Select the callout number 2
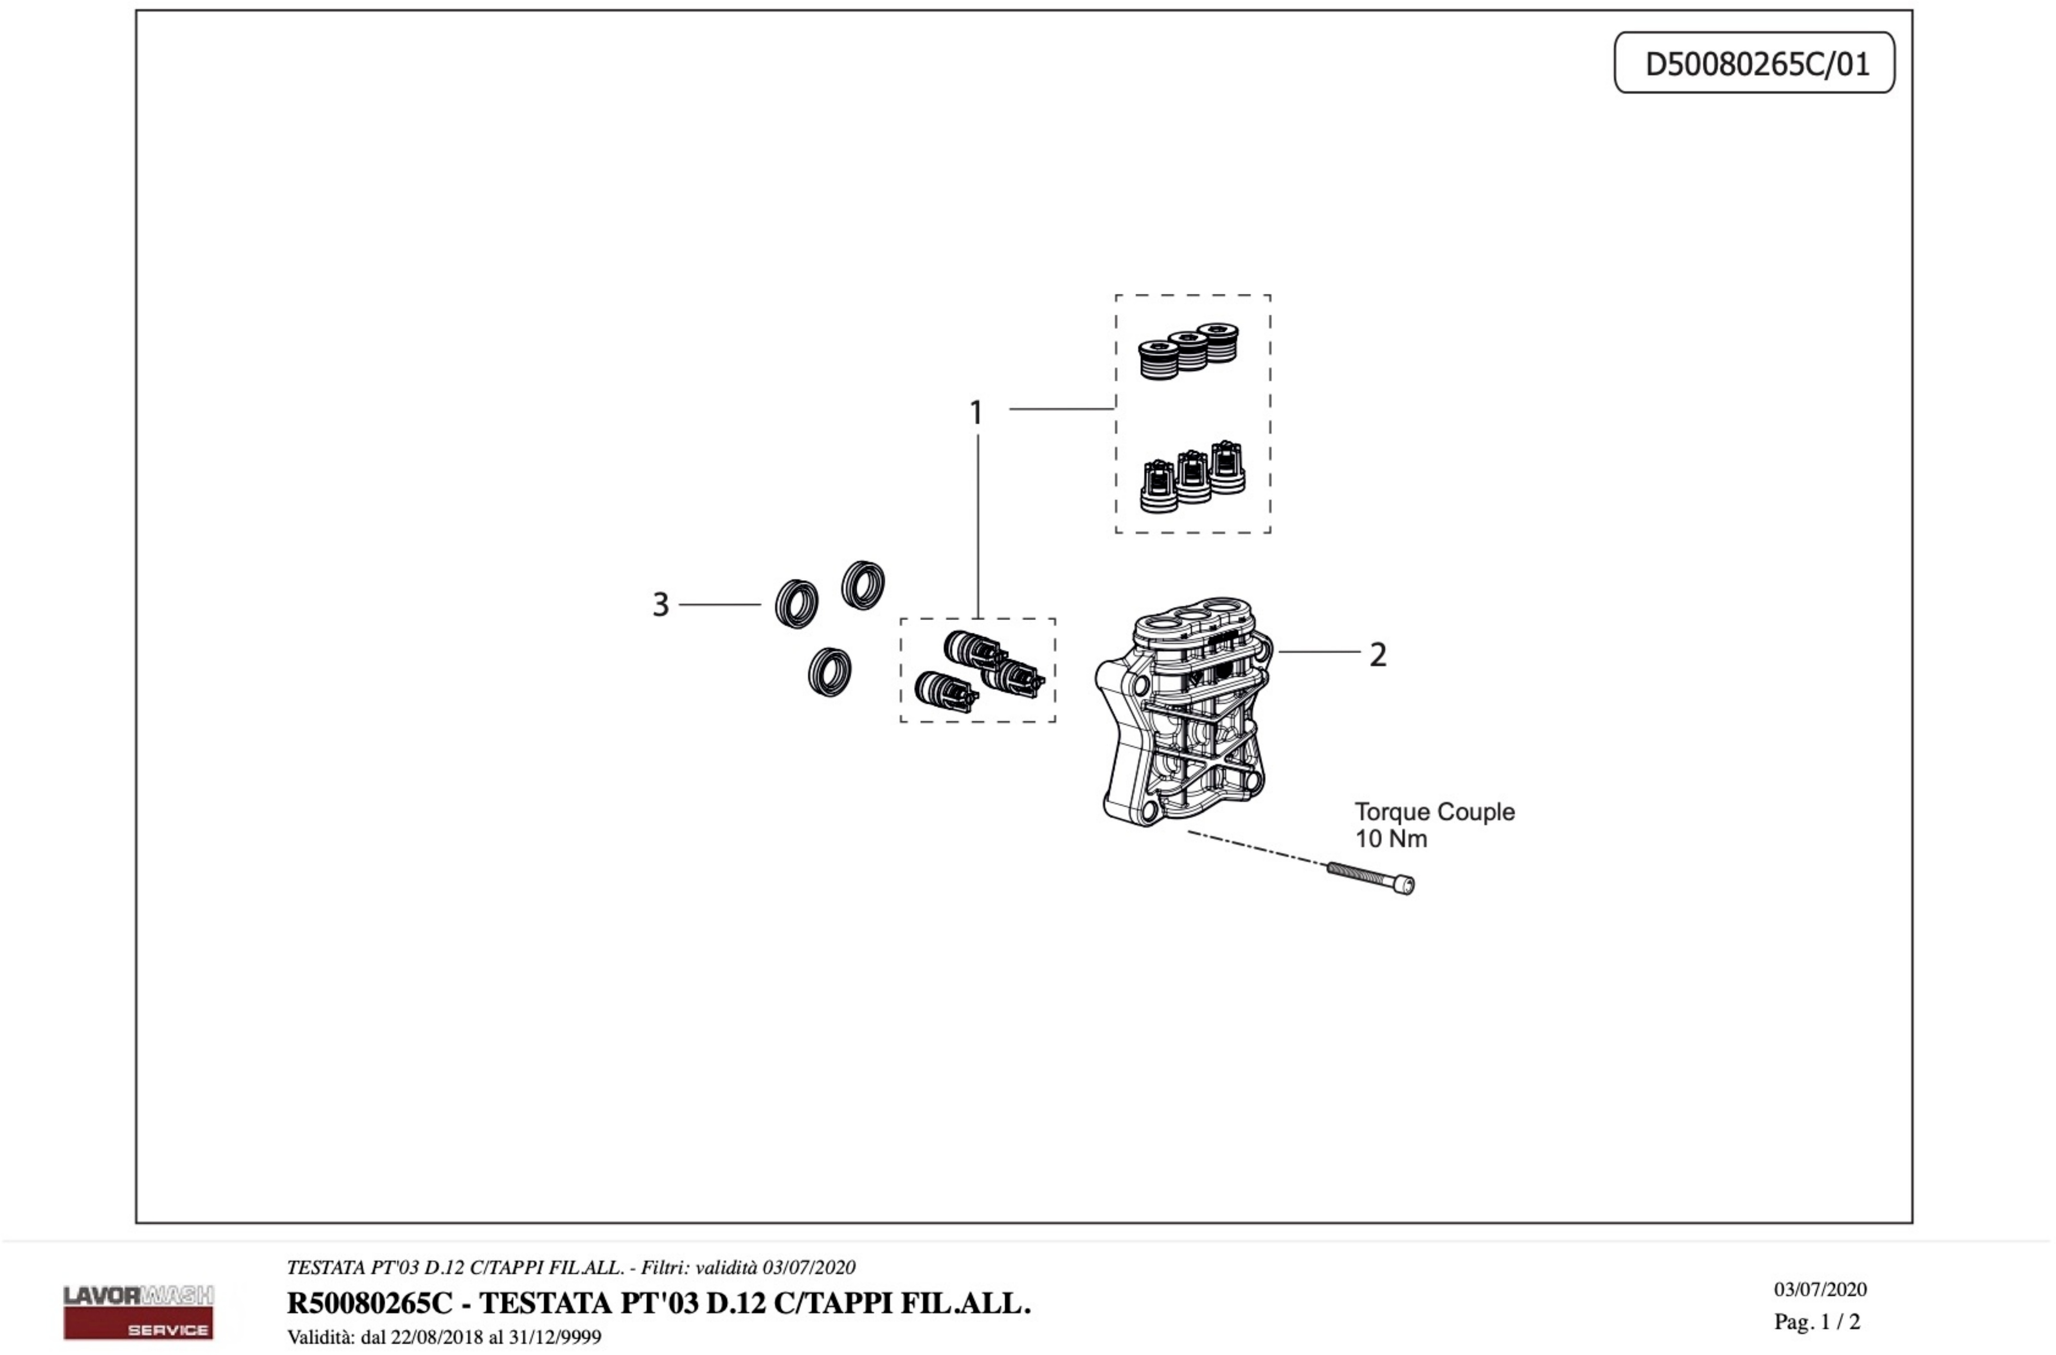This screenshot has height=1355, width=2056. tap(1378, 655)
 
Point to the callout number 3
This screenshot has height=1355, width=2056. tap(661, 605)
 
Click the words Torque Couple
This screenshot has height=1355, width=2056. tap(1434, 812)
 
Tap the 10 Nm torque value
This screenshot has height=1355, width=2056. tap(1391, 839)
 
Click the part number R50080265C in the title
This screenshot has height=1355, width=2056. tap(370, 1303)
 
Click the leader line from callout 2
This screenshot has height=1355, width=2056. tap(1319, 652)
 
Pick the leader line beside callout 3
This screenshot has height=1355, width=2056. tap(720, 605)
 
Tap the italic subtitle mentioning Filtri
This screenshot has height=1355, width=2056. tap(570, 1268)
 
